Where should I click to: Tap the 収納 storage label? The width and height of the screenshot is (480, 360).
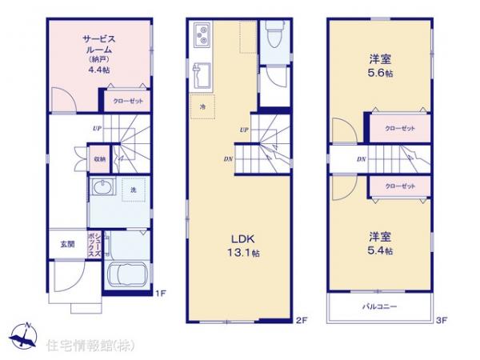[98, 158]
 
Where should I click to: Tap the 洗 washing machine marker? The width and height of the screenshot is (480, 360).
[133, 189]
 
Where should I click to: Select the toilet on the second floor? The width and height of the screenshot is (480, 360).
[272, 36]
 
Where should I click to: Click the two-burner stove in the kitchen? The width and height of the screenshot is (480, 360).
[201, 35]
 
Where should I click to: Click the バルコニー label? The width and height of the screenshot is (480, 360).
[378, 307]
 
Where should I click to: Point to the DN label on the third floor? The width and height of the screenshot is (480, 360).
[361, 158]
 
